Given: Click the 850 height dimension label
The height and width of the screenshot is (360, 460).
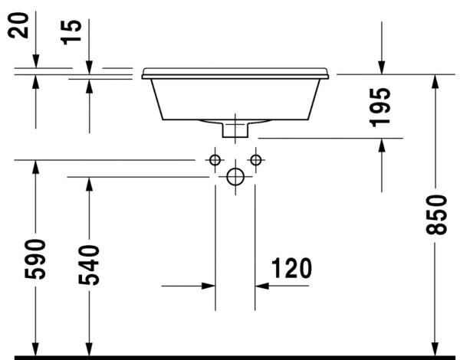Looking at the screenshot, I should click(x=437, y=215).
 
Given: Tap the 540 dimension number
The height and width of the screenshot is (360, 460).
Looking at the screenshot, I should click(x=90, y=264).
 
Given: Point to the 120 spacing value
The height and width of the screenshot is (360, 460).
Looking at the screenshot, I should click(x=291, y=268).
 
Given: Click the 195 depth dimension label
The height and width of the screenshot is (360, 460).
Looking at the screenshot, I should click(x=382, y=106).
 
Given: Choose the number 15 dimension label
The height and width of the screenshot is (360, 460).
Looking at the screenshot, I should click(x=73, y=32).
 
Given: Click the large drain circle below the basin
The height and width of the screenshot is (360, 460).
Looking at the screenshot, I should click(x=235, y=177).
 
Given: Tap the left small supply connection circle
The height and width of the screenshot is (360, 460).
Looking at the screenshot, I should click(x=215, y=159).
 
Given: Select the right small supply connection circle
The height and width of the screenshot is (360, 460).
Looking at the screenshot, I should click(x=256, y=159).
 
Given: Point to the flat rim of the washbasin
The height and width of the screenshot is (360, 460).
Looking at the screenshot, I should click(x=235, y=74).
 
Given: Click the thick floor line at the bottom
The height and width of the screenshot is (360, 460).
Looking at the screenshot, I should click(x=230, y=357).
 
